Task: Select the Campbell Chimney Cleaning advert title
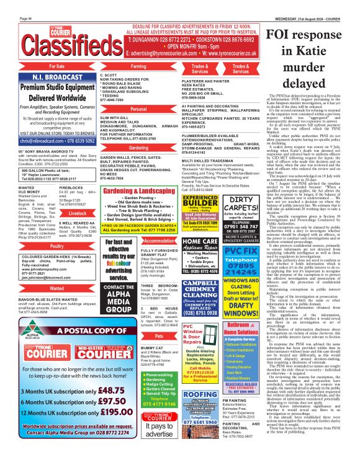(x=200, y=286)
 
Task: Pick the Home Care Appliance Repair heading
(x=200, y=245)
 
